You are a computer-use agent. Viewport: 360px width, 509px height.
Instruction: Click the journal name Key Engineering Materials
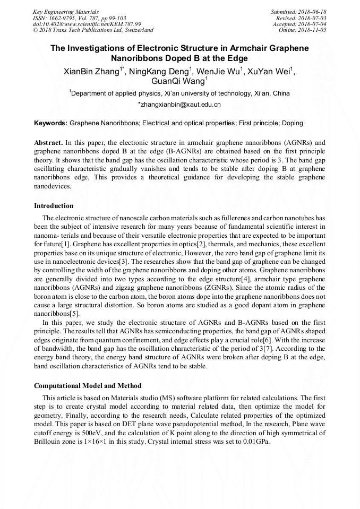point(66,12)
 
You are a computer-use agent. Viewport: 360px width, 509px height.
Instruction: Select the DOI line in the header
point(87,24)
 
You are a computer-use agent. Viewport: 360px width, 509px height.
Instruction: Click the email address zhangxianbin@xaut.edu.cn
point(179,105)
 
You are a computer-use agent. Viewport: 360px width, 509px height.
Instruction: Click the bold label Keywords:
point(51,123)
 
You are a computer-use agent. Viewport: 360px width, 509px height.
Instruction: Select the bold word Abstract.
point(48,143)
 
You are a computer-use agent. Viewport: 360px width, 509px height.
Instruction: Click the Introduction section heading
point(54,206)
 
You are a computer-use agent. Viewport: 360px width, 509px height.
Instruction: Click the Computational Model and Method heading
point(88,386)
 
